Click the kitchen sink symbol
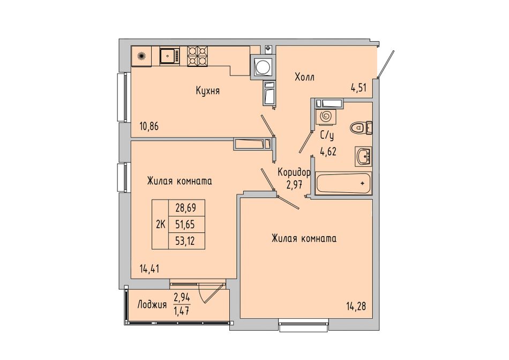coord(169,56)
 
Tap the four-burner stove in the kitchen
coord(197,56)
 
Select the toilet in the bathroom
coord(361,127)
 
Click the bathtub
coord(343,184)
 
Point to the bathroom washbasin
coord(364,156)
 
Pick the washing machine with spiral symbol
coord(325,116)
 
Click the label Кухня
coord(208,91)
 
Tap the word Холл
coord(304,77)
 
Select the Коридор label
coord(294,172)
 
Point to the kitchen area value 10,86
coord(149,126)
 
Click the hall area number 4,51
coord(358,88)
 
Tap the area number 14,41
coord(149,269)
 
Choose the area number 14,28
coord(356,306)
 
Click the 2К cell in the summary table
coord(161,224)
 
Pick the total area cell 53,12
coord(186,241)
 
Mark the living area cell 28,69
coord(186,208)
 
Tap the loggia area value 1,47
coord(182,311)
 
